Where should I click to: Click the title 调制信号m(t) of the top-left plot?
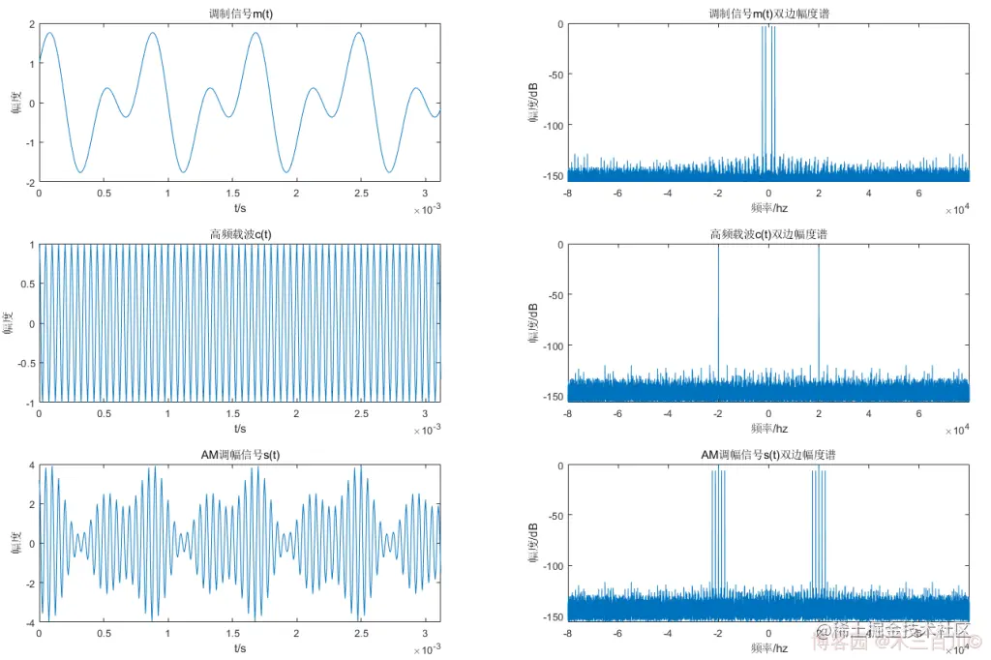[x=239, y=14]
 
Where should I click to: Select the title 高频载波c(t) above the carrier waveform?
[x=239, y=234]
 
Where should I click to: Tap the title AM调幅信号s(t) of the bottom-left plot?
[x=239, y=455]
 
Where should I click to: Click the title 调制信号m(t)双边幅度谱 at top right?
[x=768, y=14]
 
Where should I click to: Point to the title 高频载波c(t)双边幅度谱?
[x=768, y=234]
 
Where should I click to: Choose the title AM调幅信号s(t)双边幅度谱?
[x=768, y=455]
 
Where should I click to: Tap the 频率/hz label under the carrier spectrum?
[x=768, y=429]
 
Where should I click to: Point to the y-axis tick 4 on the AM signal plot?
[x=30, y=465]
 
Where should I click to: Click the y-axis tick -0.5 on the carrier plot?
[x=23, y=363]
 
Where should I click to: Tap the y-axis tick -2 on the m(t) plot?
[x=28, y=182]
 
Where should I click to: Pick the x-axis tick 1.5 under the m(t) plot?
[x=232, y=194]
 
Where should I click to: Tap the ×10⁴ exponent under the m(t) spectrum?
[x=956, y=209]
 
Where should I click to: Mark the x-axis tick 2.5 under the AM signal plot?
[x=361, y=634]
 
